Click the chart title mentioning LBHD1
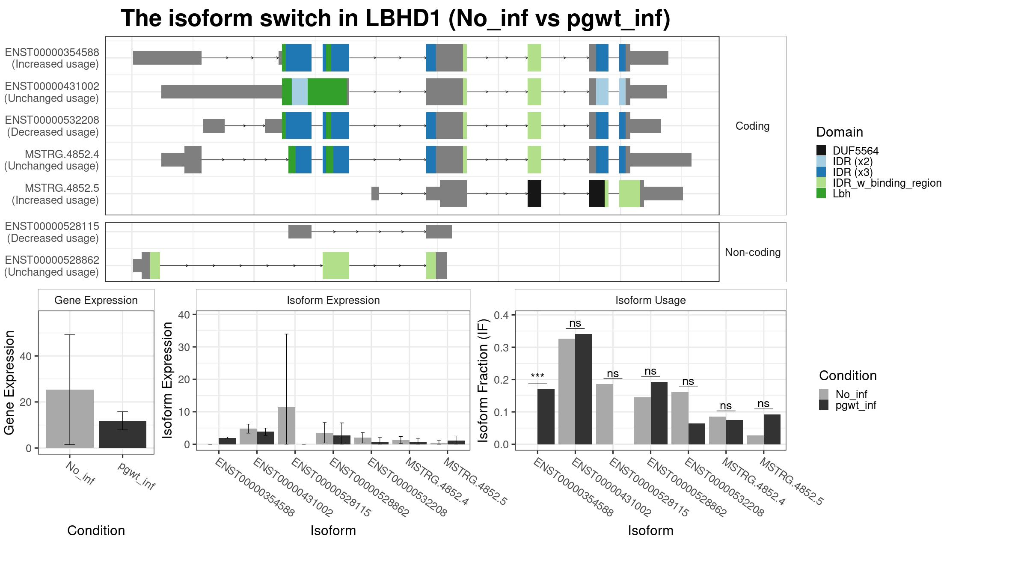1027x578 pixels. pos(395,18)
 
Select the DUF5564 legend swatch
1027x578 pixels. pos(821,150)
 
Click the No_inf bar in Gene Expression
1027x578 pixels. pos(70,419)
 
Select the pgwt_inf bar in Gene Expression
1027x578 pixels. pos(122,434)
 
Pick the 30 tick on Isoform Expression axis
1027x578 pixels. pos(184,347)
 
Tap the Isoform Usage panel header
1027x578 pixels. pos(650,300)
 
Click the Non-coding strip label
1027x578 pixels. pos(753,252)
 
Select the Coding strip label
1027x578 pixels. pos(753,126)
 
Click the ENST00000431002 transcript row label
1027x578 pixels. pos(52,92)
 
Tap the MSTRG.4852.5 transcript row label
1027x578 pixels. pos(56,194)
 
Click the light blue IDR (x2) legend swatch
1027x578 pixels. pos(821,161)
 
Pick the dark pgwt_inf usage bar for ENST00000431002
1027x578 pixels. pos(584,389)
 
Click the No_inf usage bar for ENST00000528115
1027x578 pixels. pos(605,414)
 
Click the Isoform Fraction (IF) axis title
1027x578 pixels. pos(483,380)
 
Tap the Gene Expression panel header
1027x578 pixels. pos(96,300)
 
